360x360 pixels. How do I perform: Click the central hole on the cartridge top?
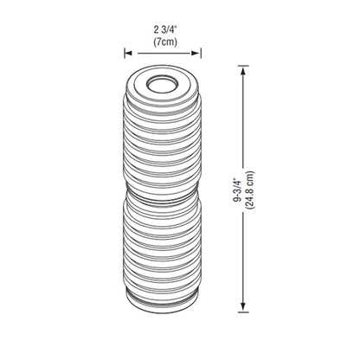point(160,84)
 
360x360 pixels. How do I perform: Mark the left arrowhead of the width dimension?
point(122,53)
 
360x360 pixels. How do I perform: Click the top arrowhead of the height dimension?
point(245,74)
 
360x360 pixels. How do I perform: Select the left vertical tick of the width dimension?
point(119,53)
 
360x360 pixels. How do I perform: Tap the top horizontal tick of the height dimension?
point(245,69)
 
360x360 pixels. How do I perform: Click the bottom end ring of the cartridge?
point(160,299)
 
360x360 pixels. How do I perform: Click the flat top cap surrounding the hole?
point(139,85)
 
